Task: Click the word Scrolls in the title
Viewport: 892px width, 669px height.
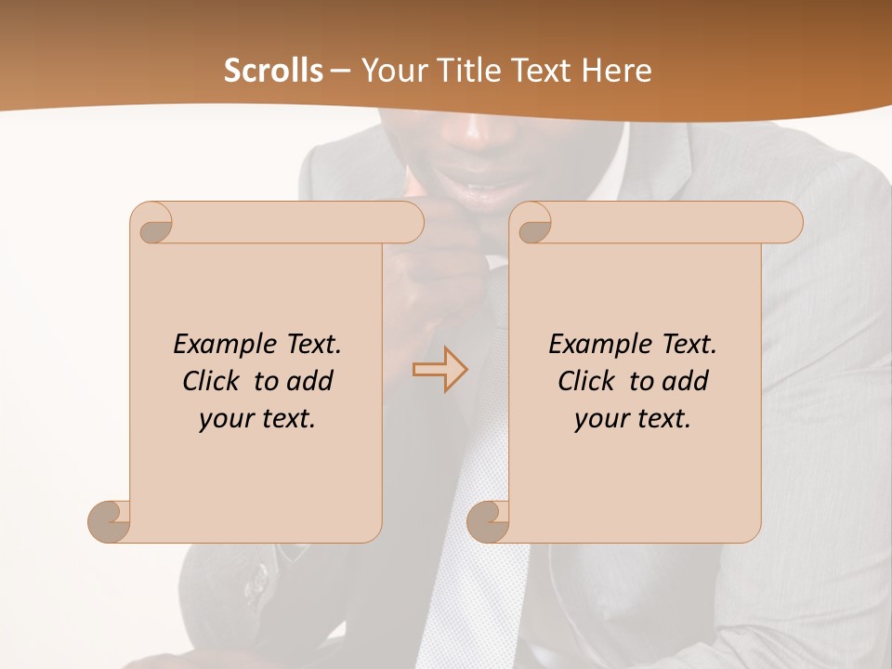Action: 273,71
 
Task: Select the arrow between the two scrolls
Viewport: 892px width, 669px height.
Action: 439,369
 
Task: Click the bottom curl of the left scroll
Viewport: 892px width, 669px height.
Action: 110,520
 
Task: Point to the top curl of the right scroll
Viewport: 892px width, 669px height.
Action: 533,223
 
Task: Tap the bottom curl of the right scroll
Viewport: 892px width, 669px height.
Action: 488,520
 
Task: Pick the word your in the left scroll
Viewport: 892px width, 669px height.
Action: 223,419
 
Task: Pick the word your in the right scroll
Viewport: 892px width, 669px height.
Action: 598,419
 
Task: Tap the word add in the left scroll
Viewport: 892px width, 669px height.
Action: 311,381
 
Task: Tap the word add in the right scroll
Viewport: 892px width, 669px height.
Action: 687,381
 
